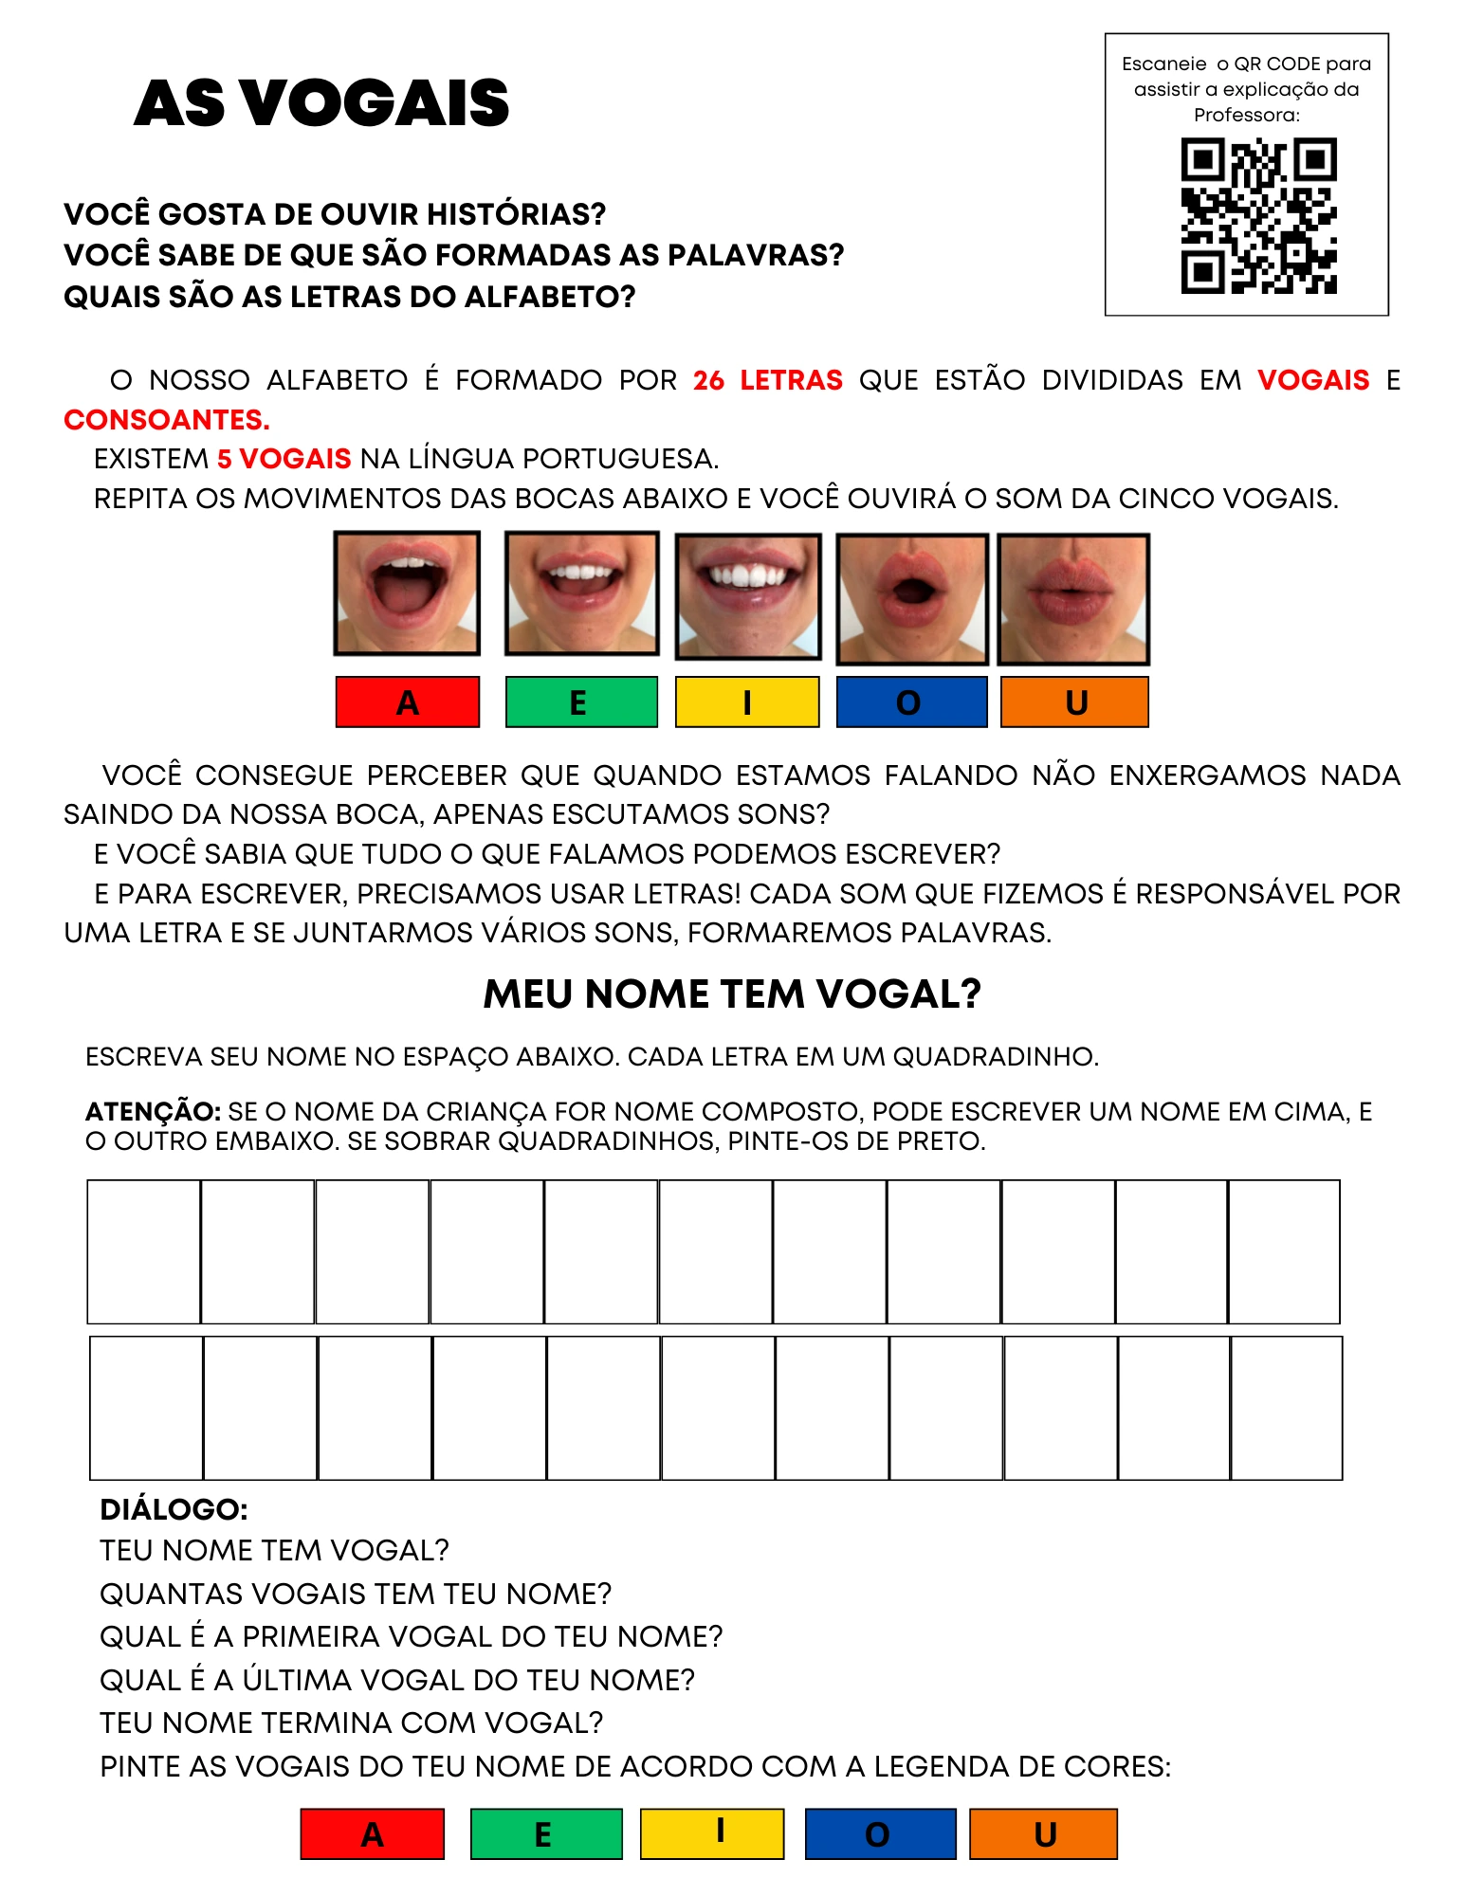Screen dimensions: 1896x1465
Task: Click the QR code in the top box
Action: [1258, 215]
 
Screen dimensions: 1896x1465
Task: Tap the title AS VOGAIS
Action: [321, 102]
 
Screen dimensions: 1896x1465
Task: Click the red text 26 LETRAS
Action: [767, 380]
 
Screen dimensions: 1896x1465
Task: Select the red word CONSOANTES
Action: [167, 420]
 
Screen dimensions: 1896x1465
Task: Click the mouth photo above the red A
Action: [407, 592]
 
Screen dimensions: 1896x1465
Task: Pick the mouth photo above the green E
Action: [581, 592]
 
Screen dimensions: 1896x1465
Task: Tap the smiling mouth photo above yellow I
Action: [747, 596]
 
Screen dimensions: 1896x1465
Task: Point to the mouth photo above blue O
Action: [911, 599]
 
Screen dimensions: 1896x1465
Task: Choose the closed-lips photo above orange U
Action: [1073, 599]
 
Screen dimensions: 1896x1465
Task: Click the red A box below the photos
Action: [407, 702]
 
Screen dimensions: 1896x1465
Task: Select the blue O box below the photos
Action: [911, 702]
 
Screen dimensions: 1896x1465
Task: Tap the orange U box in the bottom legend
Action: [1043, 1834]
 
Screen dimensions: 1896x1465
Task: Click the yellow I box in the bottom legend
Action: [712, 1834]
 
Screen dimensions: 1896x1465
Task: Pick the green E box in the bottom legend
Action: [546, 1834]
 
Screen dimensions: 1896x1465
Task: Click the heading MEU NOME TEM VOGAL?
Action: [732, 994]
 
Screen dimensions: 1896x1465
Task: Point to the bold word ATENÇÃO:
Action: [153, 1111]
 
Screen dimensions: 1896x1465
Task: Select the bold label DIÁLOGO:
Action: [174, 1509]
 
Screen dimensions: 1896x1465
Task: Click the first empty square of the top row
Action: [144, 1251]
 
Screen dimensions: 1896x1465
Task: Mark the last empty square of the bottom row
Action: [1286, 1408]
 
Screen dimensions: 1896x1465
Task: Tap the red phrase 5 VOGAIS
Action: [284, 459]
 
